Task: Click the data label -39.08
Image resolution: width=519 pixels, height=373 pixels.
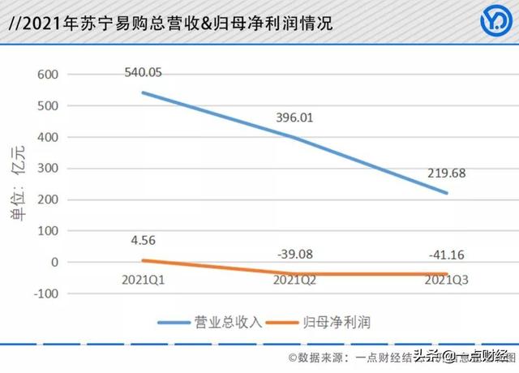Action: click(x=294, y=254)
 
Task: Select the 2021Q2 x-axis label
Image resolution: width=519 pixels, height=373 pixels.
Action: click(x=294, y=280)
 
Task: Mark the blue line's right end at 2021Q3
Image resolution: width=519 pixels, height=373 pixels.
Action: click(x=447, y=194)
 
